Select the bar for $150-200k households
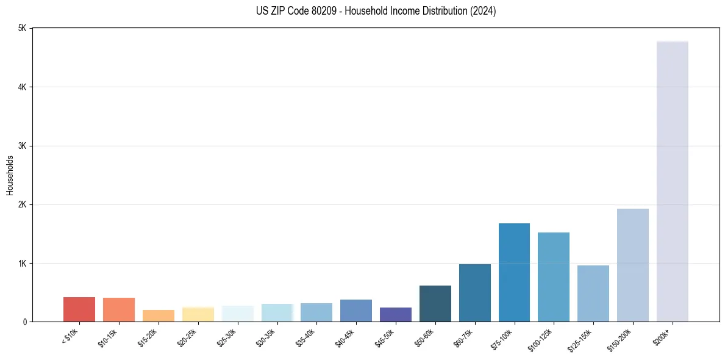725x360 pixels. pyautogui.click(x=632, y=265)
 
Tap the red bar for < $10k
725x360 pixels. pyautogui.click(x=79, y=309)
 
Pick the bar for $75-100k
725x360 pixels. pyautogui.click(x=514, y=272)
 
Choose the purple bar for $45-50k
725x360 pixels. pyautogui.click(x=396, y=314)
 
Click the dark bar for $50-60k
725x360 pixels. pyautogui.click(x=435, y=303)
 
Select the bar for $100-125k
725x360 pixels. pyautogui.click(x=554, y=277)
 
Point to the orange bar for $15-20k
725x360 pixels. pyautogui.click(x=159, y=315)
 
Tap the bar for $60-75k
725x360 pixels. pyautogui.click(x=475, y=293)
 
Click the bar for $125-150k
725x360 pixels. pyautogui.click(x=593, y=293)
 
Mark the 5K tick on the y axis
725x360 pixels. pyautogui.click(x=23, y=29)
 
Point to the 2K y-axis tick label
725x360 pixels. pyautogui.click(x=23, y=204)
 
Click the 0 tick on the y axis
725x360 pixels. pyautogui.click(x=26, y=322)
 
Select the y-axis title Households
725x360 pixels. pyautogui.click(x=10, y=175)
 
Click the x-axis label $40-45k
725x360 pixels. pyautogui.click(x=346, y=337)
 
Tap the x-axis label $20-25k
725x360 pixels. pyautogui.click(x=188, y=337)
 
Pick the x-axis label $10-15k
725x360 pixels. pyautogui.click(x=109, y=337)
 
